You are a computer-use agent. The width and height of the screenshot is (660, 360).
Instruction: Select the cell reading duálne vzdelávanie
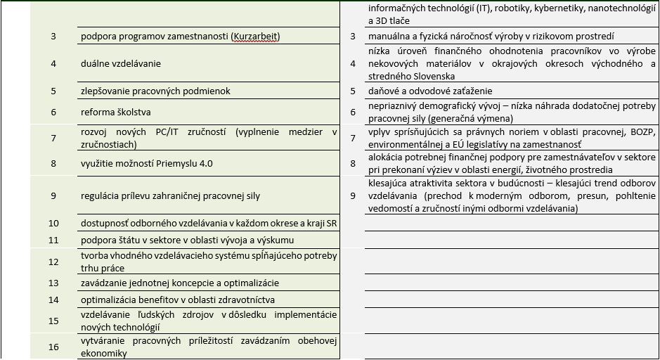pyautogui.click(x=121, y=63)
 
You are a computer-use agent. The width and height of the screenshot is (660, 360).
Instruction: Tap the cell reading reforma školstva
pyautogui.click(x=115, y=112)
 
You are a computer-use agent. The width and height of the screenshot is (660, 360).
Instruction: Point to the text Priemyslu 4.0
pyautogui.click(x=186, y=164)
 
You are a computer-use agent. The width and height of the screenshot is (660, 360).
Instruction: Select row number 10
pyautogui.click(x=53, y=224)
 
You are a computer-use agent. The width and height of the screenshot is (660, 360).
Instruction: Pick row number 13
pyautogui.click(x=53, y=283)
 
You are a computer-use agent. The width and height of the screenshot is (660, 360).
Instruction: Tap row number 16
pyautogui.click(x=53, y=347)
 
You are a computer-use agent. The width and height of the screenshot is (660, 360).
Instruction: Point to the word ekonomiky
pyautogui.click(x=103, y=354)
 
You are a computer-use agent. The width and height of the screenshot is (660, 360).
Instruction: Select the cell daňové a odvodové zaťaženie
pyautogui.click(x=430, y=91)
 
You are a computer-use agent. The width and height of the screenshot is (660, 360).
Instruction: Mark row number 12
pyautogui.click(x=53, y=262)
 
